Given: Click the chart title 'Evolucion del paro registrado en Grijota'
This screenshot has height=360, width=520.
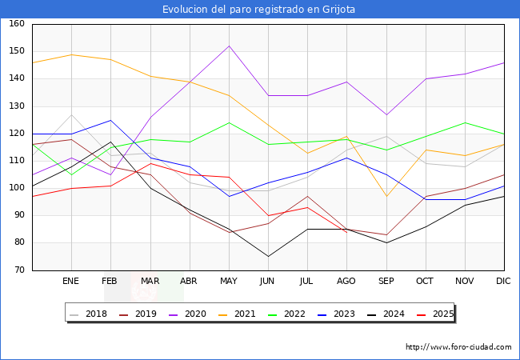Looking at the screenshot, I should click(259, 10).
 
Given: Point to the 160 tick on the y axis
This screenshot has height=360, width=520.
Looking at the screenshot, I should click(17, 24).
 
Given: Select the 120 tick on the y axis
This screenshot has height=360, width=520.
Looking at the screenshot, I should click(17, 134).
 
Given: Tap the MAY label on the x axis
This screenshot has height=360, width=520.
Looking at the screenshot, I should click(228, 281).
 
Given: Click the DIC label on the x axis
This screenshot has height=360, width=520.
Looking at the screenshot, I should click(503, 281).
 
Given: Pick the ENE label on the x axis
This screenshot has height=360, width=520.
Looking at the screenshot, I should click(71, 281).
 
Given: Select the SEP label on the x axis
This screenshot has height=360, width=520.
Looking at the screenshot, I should click(386, 281).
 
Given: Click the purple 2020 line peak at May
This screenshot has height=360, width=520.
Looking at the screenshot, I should click(229, 46).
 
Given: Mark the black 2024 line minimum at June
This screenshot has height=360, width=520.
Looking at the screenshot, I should click(268, 256).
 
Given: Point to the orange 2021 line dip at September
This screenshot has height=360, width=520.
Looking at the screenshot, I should click(386, 196).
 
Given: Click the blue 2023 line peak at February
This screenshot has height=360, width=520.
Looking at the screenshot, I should click(110, 120).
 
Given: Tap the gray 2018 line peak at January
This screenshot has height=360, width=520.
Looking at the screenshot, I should click(71, 114).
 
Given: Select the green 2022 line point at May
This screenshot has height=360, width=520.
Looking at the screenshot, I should click(229, 122).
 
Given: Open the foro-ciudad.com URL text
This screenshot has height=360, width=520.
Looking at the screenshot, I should click(458, 347).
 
